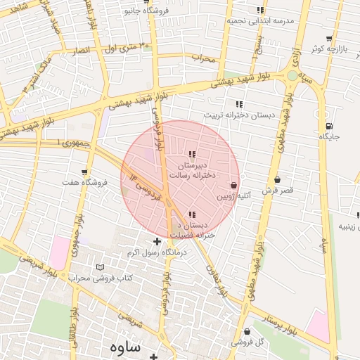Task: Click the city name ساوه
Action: tap(125, 347)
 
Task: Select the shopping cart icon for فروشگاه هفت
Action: tap(84, 172)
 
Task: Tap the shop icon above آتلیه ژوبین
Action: tap(233, 185)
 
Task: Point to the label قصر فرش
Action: tap(277, 191)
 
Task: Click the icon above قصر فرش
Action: tap(278, 179)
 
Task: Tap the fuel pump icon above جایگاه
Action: tap(328, 126)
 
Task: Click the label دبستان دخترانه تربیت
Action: tap(232, 115)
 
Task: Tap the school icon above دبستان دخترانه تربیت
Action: tap(239, 104)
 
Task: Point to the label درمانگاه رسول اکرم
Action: tap(155, 252)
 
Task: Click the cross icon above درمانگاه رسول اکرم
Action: tap(156, 241)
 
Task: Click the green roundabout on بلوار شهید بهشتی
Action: tap(292, 75)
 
